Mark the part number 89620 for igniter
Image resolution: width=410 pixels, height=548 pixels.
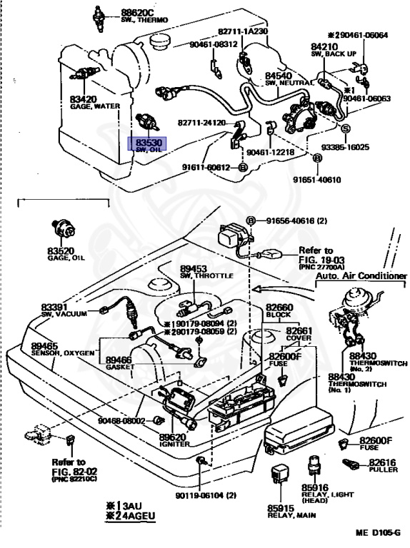[x=174, y=437]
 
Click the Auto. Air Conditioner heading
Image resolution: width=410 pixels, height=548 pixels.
[x=361, y=275]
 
